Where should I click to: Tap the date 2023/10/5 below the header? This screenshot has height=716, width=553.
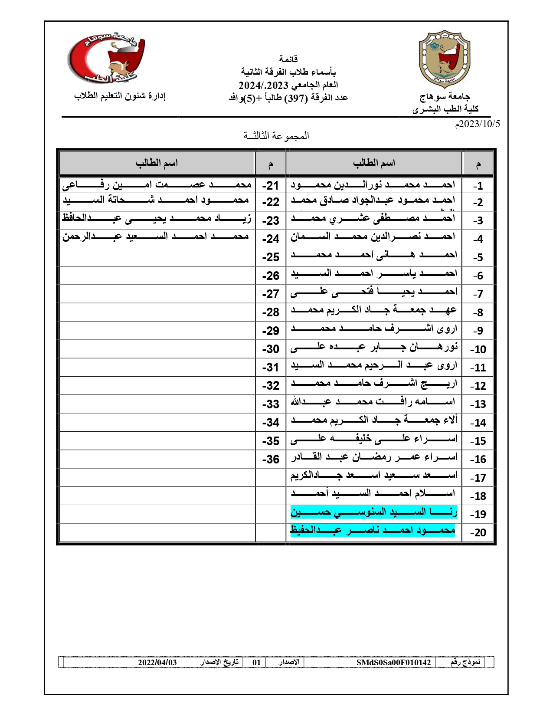[477, 124]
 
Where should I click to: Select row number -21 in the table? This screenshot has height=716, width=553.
[270, 186]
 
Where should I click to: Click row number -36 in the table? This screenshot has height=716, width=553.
[270, 459]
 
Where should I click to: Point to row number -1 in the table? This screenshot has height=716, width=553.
[478, 186]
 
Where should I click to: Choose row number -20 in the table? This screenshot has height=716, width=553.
[478, 532]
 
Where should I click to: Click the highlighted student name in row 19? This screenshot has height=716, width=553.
[374, 512]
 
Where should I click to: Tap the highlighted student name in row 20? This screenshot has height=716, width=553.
[373, 530]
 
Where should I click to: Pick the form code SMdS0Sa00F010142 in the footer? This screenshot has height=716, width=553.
[393, 662]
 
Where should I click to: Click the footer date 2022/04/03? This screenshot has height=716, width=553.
[157, 662]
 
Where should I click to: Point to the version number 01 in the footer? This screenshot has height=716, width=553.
[257, 662]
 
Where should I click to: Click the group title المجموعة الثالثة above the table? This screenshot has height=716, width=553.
[276, 136]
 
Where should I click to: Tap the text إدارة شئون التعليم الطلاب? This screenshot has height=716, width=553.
[120, 96]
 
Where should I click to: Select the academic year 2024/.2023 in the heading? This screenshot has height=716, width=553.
[264, 85]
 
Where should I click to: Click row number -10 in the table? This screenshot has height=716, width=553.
[478, 349]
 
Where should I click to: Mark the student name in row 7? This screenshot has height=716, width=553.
[374, 292]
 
